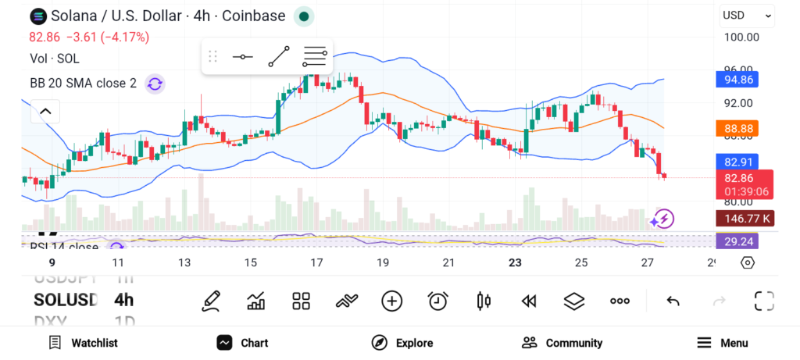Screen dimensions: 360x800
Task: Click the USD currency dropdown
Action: pos(746,15)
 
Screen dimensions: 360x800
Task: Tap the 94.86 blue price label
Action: pos(737,79)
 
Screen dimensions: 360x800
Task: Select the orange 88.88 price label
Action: pos(737,128)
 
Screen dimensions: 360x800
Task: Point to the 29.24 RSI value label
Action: pos(737,242)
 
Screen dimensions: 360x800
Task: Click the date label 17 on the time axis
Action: pos(316,263)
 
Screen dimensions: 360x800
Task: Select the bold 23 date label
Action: pos(515,263)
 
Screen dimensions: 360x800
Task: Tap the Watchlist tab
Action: pos(83,343)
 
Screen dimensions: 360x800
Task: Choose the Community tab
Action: pos(562,343)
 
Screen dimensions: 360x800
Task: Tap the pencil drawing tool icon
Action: pos(210,301)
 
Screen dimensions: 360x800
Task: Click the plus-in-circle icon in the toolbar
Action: pos(391,301)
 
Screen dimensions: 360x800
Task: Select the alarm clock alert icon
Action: pos(437,301)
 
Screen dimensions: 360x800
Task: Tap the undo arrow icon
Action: pos(673,301)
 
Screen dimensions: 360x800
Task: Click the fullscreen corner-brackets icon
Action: pos(763,301)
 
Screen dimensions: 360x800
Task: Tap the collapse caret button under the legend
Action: pos(45,111)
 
